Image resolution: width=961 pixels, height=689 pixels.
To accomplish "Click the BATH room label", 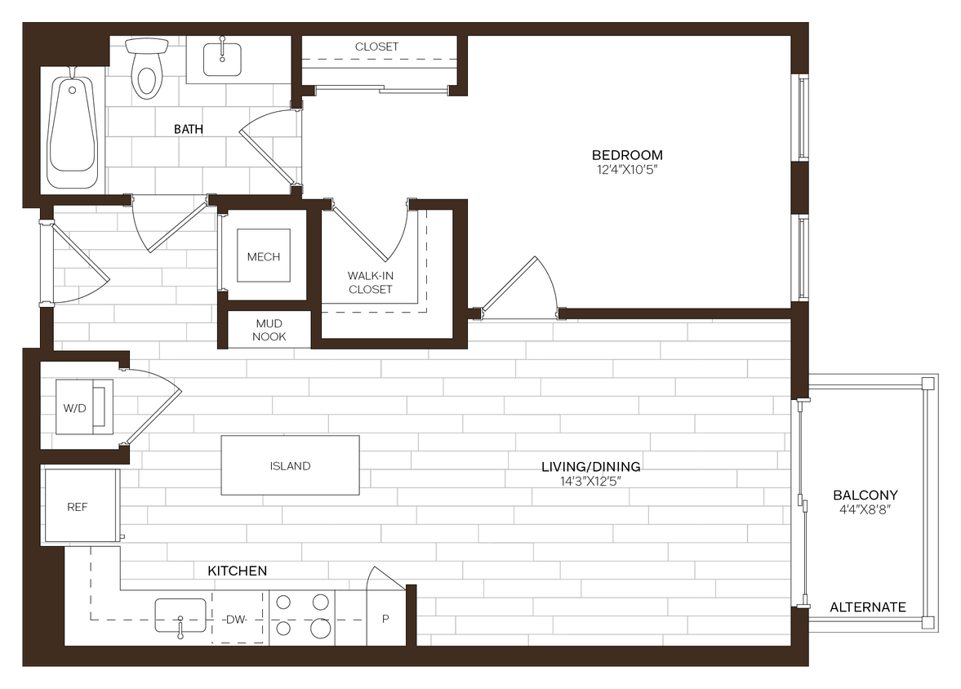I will pyautogui.click(x=189, y=129).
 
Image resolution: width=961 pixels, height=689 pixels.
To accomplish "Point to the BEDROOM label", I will pyautogui.click(x=627, y=155).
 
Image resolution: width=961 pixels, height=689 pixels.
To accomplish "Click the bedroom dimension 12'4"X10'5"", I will pyautogui.click(x=627, y=170).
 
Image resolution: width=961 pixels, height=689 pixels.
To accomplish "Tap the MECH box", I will pyautogui.click(x=263, y=257).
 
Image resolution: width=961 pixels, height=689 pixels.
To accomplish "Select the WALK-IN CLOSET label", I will pyautogui.click(x=371, y=282).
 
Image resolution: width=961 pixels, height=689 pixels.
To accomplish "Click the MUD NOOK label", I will pyautogui.click(x=269, y=330).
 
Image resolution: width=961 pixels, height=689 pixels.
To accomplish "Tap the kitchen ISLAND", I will pyautogui.click(x=291, y=465).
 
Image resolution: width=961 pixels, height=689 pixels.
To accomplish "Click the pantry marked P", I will pyautogui.click(x=385, y=619).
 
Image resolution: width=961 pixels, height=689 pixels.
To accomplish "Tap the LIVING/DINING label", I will pyautogui.click(x=590, y=467).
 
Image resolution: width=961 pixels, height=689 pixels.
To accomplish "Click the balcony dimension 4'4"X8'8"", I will pyautogui.click(x=865, y=509).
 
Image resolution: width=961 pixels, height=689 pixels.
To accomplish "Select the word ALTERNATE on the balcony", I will pyautogui.click(x=868, y=607).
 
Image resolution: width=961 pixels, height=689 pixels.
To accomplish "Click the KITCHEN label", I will pyautogui.click(x=237, y=571).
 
